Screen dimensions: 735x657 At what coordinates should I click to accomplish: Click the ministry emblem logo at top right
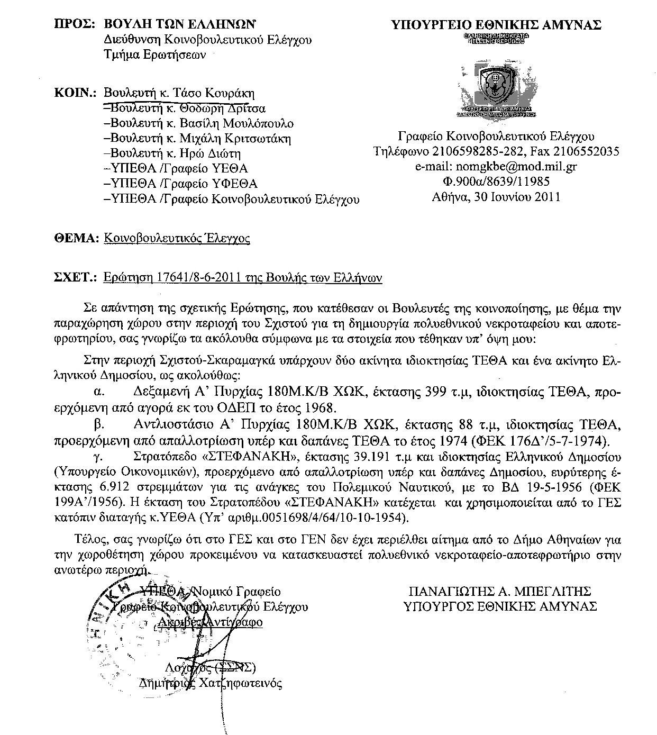pyautogui.click(x=496, y=88)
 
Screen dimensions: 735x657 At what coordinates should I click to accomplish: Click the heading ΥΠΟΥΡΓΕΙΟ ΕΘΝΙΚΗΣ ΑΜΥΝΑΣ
pyautogui.click(x=496, y=24)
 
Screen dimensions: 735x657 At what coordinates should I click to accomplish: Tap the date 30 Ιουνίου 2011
pyautogui.click(x=521, y=197)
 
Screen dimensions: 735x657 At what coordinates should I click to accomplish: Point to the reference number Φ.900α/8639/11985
pyautogui.click(x=496, y=182)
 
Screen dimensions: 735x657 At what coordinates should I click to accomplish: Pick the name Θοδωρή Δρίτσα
pyautogui.click(x=222, y=108)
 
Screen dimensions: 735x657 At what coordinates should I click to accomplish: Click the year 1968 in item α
pyautogui.click(x=321, y=407)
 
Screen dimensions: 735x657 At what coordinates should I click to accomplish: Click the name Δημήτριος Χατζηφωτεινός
pyautogui.click(x=210, y=683)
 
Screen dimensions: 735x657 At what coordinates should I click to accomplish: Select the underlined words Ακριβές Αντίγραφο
pyautogui.click(x=210, y=622)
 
